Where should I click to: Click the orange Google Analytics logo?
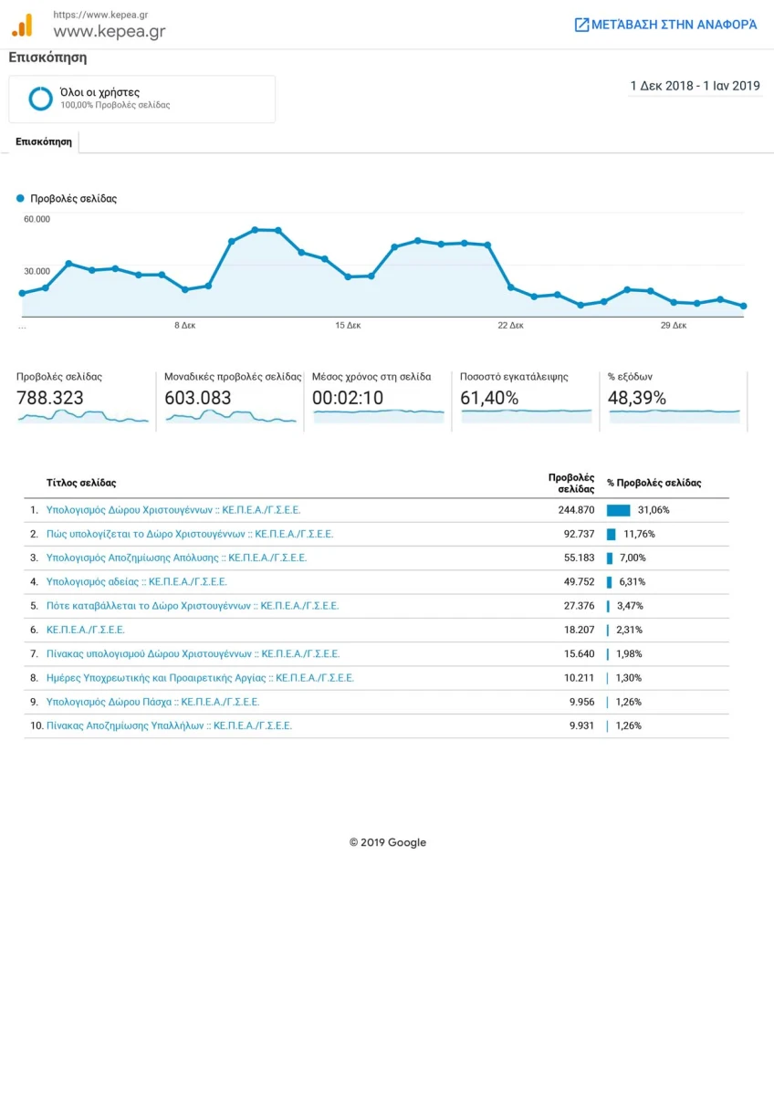pyautogui.click(x=22, y=25)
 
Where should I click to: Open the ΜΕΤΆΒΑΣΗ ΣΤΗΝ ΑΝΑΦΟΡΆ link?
pyautogui.click(x=665, y=25)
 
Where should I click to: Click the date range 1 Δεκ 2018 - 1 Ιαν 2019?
pyautogui.click(x=695, y=86)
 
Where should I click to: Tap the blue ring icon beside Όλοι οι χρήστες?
pyautogui.click(x=40, y=99)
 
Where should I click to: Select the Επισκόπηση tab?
pyautogui.click(x=44, y=141)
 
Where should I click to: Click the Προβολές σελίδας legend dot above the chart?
pyautogui.click(x=20, y=198)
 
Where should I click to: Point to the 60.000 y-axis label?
pyautogui.click(x=37, y=219)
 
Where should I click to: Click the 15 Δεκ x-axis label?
pyautogui.click(x=348, y=325)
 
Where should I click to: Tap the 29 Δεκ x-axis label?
pyautogui.click(x=674, y=325)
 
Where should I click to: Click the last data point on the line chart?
pyautogui.click(x=743, y=306)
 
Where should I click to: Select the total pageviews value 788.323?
pyautogui.click(x=50, y=398)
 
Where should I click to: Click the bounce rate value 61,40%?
pyautogui.click(x=489, y=398)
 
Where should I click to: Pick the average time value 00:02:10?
pyautogui.click(x=348, y=398)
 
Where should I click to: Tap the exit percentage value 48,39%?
pyautogui.click(x=636, y=398)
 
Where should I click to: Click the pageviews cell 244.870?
pyautogui.click(x=576, y=510)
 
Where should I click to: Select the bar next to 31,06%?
pyautogui.click(x=619, y=510)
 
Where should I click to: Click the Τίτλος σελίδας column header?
pyautogui.click(x=81, y=483)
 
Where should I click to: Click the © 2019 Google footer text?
pyautogui.click(x=388, y=842)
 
